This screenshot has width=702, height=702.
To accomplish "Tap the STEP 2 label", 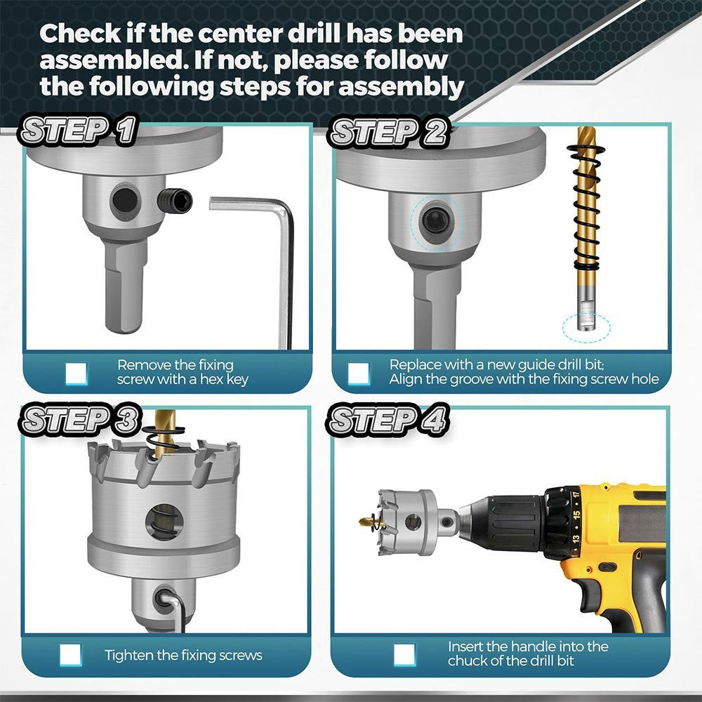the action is pos(388,131).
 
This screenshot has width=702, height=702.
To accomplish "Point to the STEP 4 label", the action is pos(388,420).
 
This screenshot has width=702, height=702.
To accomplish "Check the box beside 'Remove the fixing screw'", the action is pos(76,373).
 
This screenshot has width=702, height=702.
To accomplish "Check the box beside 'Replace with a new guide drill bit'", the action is pos(359,373).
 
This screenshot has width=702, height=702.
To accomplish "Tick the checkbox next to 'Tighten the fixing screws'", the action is pos(71,655).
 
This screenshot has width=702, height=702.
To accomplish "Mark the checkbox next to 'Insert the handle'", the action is pos(405,654).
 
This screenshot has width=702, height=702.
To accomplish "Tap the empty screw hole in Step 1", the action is pos(124,200).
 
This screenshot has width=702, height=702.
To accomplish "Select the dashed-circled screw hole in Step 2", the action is pos(436,221).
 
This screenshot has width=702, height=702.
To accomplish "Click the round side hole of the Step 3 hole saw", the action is pos(164,522).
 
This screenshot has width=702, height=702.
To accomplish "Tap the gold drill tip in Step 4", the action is pos(368,521).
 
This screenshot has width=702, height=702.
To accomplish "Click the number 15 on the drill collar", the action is pos(576,515).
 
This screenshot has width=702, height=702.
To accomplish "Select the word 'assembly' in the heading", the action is pos(401,86).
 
